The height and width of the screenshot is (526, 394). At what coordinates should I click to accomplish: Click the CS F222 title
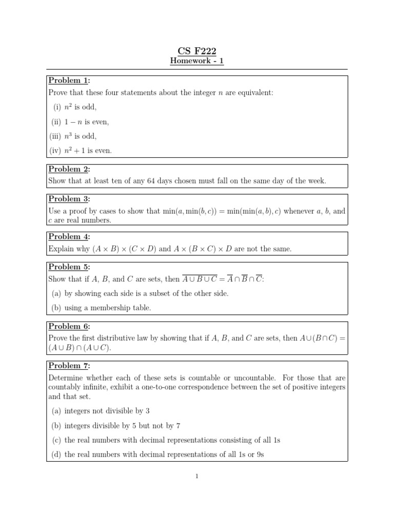click(x=197, y=50)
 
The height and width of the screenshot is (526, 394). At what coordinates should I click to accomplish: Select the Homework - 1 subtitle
click(x=197, y=61)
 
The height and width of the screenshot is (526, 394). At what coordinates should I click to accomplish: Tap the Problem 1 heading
click(x=69, y=81)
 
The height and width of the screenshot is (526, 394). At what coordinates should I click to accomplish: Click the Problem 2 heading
click(x=69, y=169)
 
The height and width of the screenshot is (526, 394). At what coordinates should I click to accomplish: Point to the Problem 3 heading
click(x=69, y=199)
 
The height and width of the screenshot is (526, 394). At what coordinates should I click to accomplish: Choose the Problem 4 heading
click(x=69, y=236)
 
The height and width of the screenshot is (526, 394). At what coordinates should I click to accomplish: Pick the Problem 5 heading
click(x=69, y=267)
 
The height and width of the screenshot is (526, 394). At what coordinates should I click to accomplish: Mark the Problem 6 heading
click(x=69, y=326)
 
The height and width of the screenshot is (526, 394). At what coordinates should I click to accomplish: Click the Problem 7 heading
click(x=69, y=366)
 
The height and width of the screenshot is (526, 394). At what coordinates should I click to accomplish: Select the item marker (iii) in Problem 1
click(x=55, y=136)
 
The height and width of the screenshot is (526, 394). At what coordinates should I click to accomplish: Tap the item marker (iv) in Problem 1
click(x=55, y=151)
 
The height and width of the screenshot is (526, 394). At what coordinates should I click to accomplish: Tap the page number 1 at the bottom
click(x=197, y=476)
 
